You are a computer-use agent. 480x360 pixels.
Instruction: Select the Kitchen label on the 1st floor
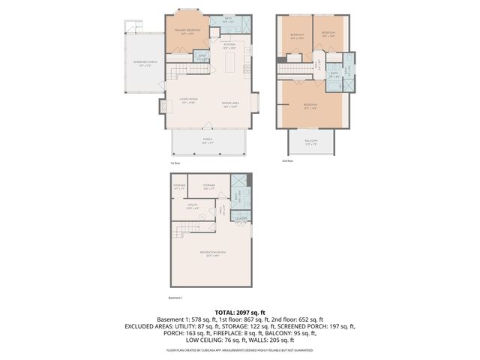(x=230, y=46)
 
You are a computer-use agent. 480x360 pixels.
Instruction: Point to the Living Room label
(x=188, y=100)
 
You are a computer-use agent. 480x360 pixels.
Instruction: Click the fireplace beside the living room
(x=160, y=107)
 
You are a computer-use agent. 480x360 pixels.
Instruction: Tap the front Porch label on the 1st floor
(x=207, y=141)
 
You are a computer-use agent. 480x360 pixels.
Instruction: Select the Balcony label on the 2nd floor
(x=310, y=141)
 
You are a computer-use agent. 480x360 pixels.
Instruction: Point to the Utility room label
(x=192, y=205)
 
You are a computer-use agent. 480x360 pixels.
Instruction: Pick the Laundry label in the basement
(x=241, y=219)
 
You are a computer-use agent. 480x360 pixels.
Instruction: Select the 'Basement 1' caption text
(x=178, y=298)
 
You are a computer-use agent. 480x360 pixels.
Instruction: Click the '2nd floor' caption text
(x=287, y=160)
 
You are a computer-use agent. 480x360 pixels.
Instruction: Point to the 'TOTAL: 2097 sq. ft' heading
(x=240, y=312)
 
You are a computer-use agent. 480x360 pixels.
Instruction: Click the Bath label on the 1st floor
(x=228, y=20)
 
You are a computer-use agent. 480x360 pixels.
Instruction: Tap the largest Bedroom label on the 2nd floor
(x=310, y=104)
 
